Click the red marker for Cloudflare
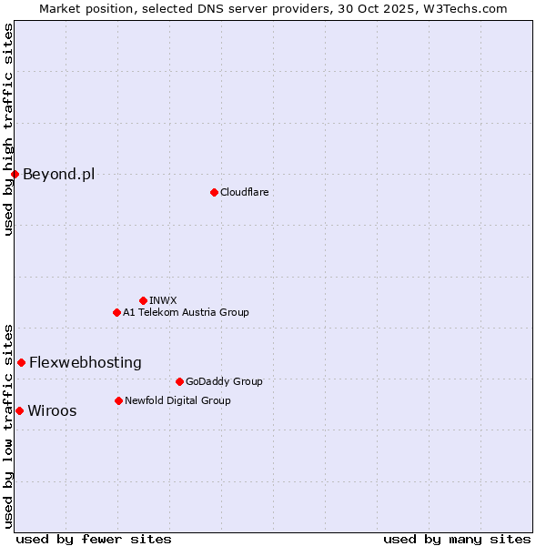(214, 192)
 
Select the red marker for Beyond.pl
(15, 174)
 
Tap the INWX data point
(143, 300)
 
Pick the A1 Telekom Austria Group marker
(116, 312)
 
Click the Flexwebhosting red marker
(21, 362)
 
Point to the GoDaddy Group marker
(179, 381)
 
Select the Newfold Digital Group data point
(118, 400)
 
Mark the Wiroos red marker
(19, 410)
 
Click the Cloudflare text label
(244, 192)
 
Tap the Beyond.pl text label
(58, 174)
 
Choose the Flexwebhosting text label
(85, 362)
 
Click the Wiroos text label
(52, 410)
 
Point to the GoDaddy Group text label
(223, 381)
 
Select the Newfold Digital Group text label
(177, 400)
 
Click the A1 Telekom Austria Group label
(186, 312)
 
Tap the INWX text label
(163, 300)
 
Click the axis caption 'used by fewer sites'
(94, 539)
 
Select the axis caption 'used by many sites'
(457, 539)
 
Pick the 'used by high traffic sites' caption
(8, 130)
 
